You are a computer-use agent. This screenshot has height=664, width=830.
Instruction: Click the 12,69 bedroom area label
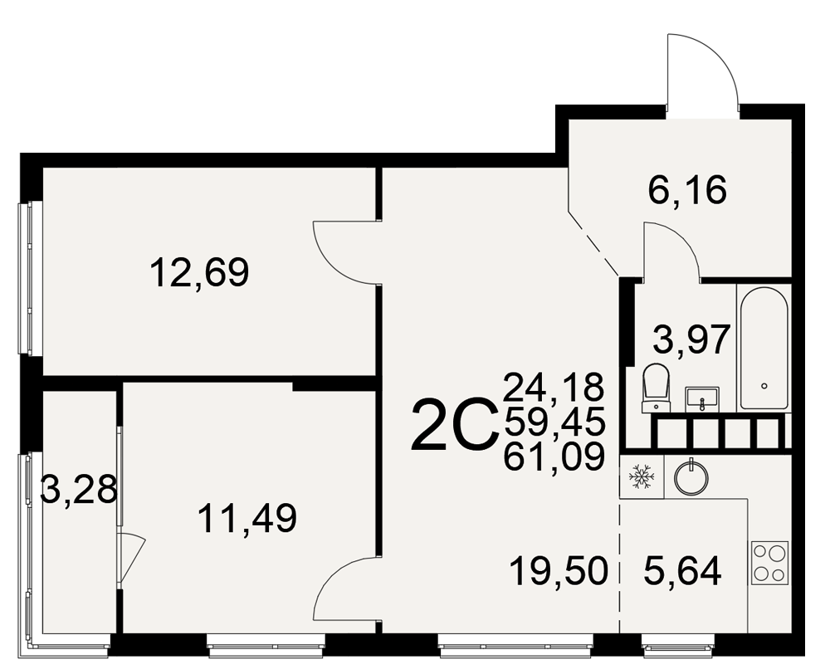[x=199, y=273]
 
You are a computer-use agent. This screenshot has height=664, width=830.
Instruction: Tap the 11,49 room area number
[x=247, y=519]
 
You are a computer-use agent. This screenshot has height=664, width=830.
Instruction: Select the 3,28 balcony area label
[x=78, y=490]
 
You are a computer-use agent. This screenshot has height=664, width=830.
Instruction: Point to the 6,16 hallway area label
[x=687, y=190]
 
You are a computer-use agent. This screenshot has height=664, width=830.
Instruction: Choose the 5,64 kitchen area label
[x=683, y=572]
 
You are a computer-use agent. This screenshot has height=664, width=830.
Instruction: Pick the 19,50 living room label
[x=559, y=572]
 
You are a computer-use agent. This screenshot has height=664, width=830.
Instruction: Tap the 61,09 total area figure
[x=554, y=456]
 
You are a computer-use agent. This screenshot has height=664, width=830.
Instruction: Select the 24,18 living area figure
[x=554, y=387]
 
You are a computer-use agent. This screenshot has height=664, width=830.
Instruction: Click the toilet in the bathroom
[x=656, y=388]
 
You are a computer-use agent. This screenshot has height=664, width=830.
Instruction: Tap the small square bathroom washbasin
[x=702, y=399]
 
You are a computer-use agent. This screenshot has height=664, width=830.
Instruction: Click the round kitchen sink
[x=691, y=477]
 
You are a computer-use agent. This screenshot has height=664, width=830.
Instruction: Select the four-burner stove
[x=769, y=563]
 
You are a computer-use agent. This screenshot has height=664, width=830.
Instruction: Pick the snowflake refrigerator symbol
[x=641, y=476]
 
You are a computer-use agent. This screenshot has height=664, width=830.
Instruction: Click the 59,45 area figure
[x=554, y=422]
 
